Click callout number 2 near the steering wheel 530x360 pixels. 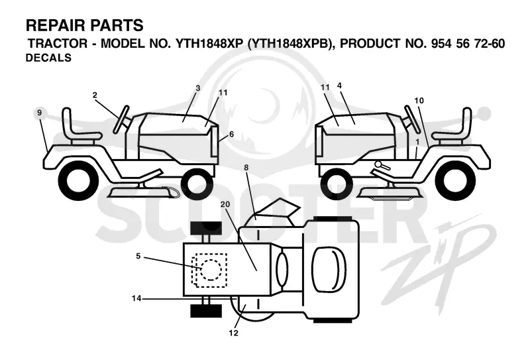[95, 95]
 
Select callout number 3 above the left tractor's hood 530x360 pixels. [197, 88]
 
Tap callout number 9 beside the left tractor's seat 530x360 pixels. [40, 112]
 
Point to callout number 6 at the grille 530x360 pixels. [231, 134]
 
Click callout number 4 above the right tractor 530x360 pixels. [339, 86]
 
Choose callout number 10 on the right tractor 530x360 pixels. [419, 101]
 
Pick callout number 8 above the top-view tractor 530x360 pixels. [246, 168]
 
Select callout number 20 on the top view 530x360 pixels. [225, 204]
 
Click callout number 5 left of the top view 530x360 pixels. [138, 256]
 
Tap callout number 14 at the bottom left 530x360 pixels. [136, 298]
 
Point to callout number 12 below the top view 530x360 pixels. [234, 333]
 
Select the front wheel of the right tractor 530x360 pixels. [336, 184]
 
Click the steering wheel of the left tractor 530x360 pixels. [121, 119]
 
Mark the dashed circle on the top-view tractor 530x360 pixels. [211, 270]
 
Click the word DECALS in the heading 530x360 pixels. [48, 58]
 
